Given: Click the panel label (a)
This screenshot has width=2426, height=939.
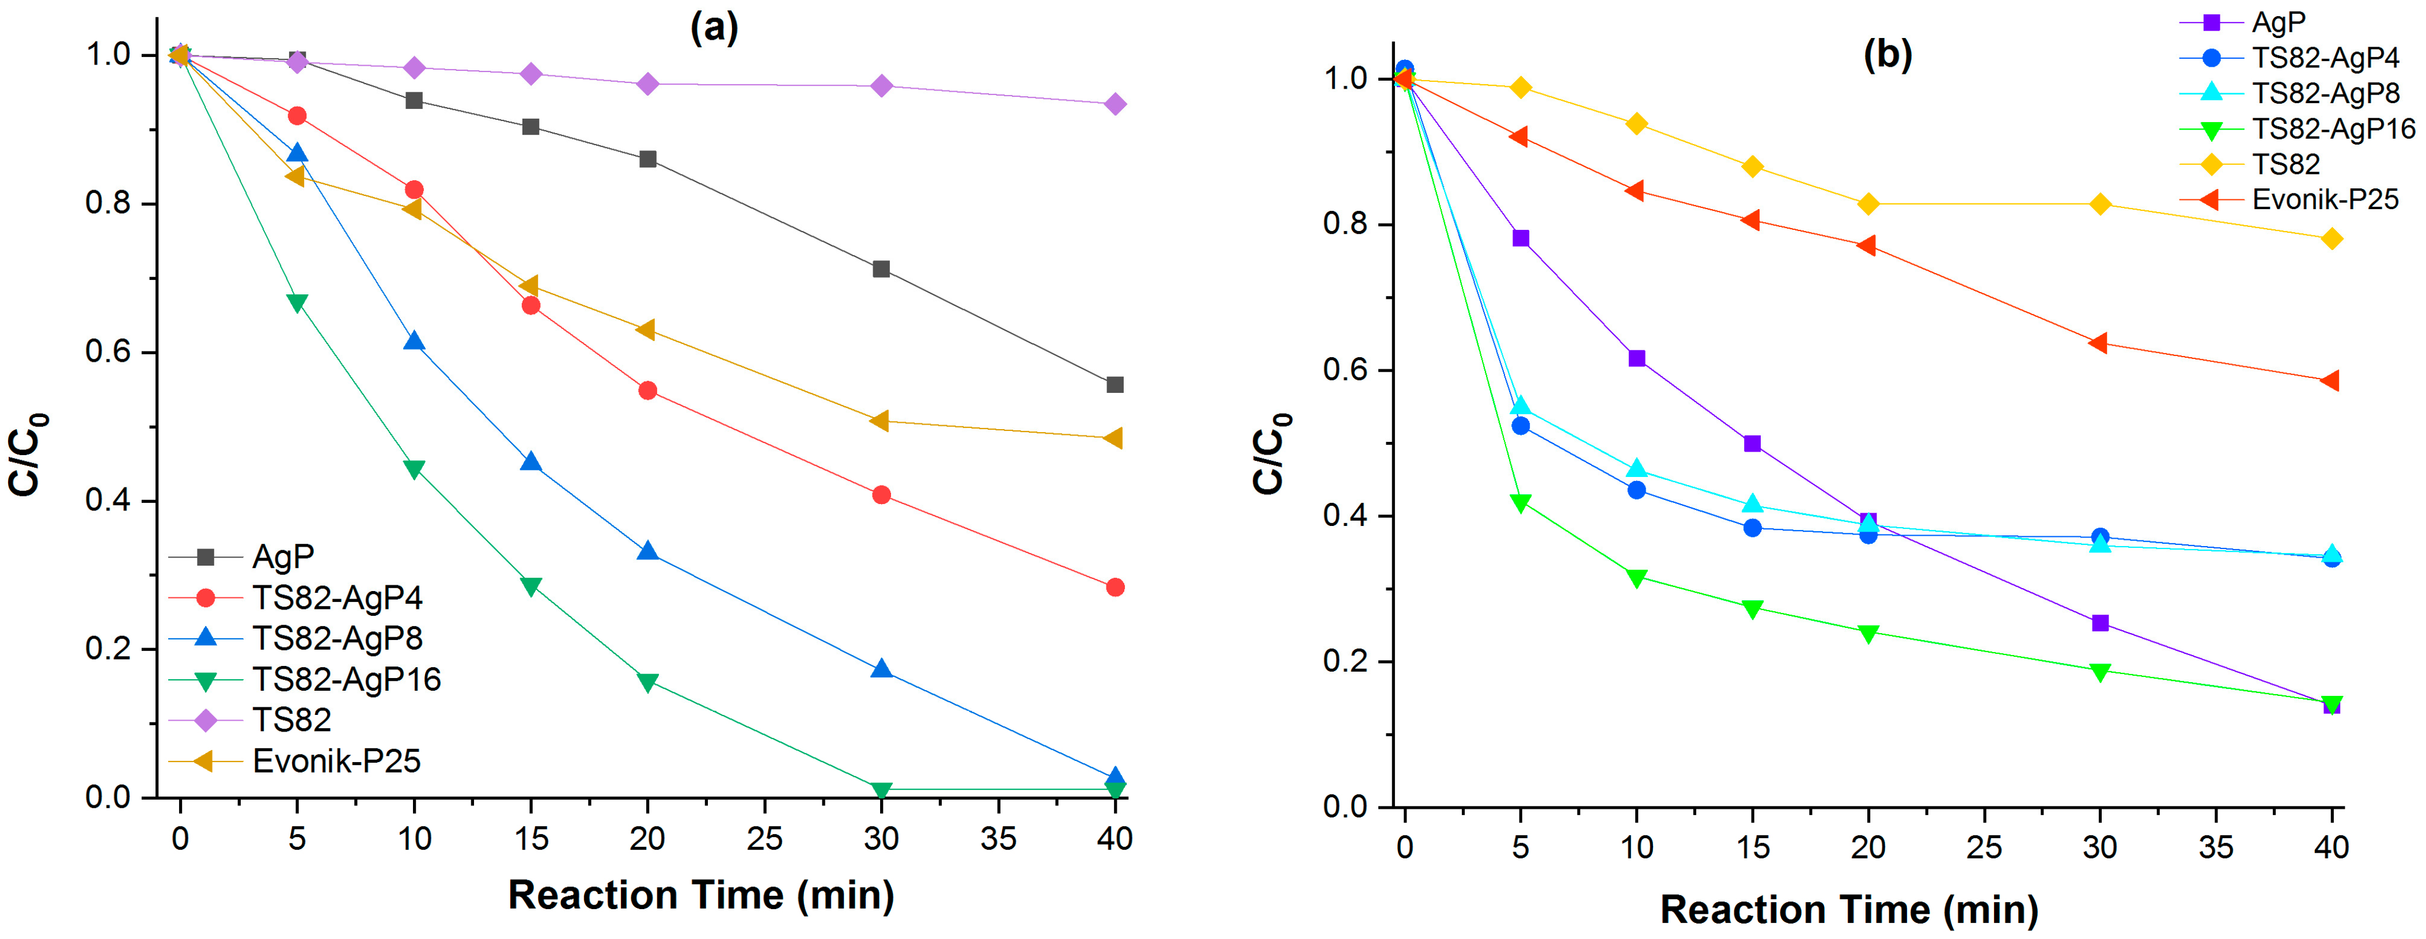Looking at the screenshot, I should click(x=714, y=28).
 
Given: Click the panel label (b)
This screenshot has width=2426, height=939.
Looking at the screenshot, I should click(x=1887, y=55).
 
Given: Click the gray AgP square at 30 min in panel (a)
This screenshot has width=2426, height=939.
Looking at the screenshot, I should click(x=881, y=270).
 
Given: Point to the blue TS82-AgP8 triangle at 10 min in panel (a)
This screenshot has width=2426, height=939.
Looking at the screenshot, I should click(x=414, y=341).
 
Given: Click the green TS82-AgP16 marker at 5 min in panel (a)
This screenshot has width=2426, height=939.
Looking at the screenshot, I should click(x=297, y=303).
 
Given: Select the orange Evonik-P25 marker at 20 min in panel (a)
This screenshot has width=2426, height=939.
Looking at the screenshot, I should click(x=646, y=330).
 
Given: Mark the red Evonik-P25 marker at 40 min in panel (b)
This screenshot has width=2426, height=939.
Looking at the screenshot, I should click(x=2330, y=381).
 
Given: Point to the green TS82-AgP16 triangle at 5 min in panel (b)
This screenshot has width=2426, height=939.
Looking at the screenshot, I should click(x=1520, y=503).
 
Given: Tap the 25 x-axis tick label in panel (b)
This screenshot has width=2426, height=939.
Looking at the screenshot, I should click(x=1984, y=847).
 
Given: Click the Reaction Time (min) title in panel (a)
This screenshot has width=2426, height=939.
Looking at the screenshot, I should click(x=701, y=895).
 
